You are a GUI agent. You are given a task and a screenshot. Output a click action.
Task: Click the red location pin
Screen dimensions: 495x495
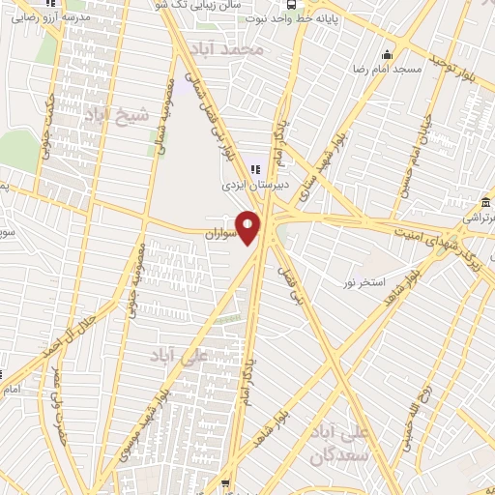(x=248, y=227)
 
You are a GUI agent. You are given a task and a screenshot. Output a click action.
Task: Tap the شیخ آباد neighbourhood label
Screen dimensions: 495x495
(x=119, y=116)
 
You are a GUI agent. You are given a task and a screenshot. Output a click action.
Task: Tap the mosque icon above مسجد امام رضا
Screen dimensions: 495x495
(x=387, y=54)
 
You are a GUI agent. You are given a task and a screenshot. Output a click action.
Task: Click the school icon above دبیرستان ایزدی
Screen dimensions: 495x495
(x=254, y=168)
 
